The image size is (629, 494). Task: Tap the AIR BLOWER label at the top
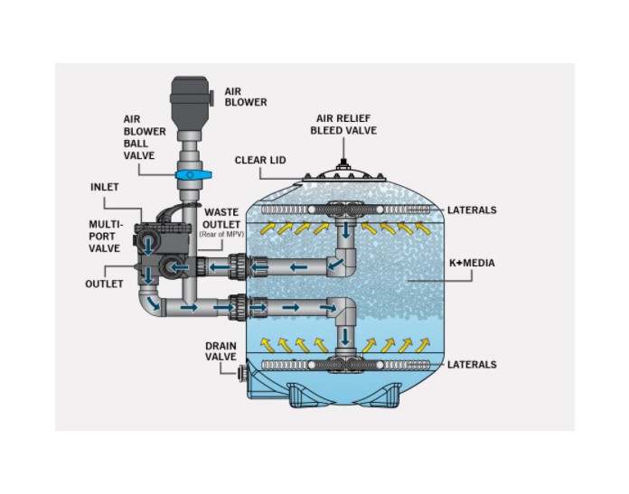point(245,97)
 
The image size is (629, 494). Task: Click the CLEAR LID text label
point(260,160)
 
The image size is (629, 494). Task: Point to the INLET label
point(104,187)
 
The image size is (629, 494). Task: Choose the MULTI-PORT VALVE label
point(106,237)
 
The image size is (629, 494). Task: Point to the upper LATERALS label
point(472,210)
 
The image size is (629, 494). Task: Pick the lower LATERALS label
point(472,364)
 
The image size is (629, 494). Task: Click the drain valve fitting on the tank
point(241,370)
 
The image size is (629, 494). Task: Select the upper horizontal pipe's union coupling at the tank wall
point(238,267)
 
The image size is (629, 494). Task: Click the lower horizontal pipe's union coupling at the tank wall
point(238,307)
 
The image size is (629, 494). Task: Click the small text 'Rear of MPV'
point(221,235)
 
